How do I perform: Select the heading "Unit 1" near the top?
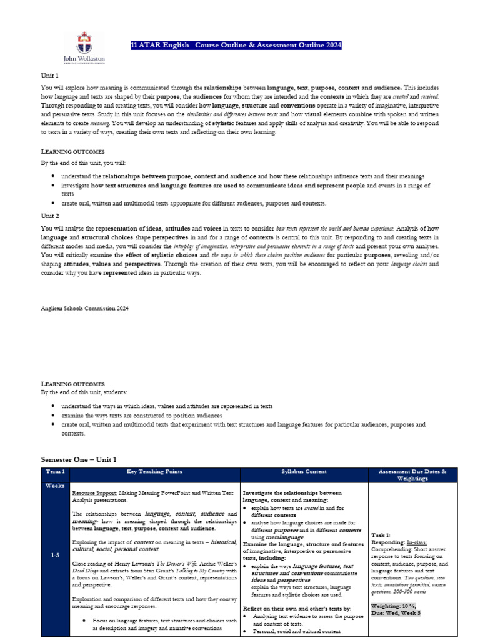49,76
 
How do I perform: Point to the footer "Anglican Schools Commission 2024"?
84,308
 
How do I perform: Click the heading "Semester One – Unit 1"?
79,459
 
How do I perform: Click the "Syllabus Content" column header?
304,471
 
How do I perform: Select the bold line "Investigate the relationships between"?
292,492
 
